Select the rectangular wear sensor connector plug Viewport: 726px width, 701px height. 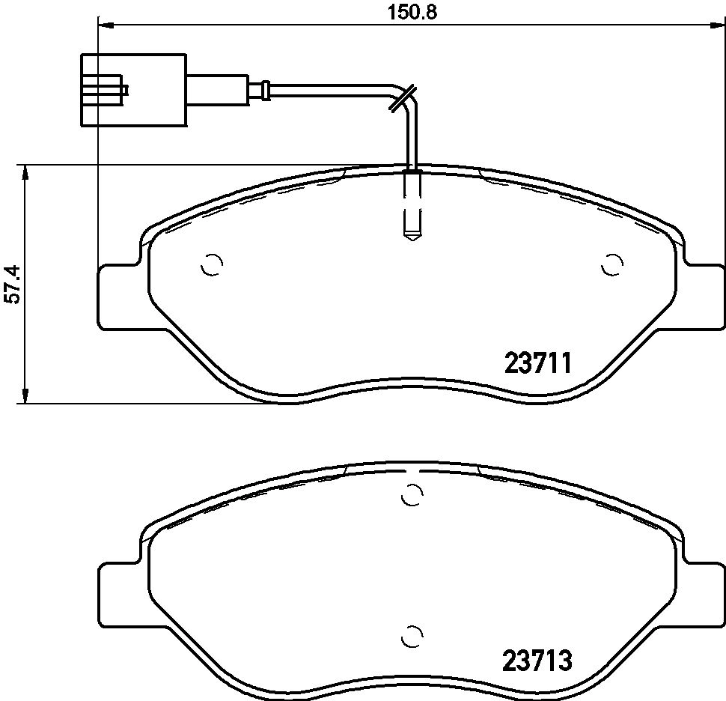133,90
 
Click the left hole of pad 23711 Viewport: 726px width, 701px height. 213,264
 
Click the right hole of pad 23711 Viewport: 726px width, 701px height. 613,264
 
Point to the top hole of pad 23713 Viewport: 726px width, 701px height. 411,494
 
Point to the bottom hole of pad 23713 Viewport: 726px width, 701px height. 411,635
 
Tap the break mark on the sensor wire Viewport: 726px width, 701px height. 402,98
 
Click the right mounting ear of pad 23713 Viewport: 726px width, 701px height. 704,592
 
